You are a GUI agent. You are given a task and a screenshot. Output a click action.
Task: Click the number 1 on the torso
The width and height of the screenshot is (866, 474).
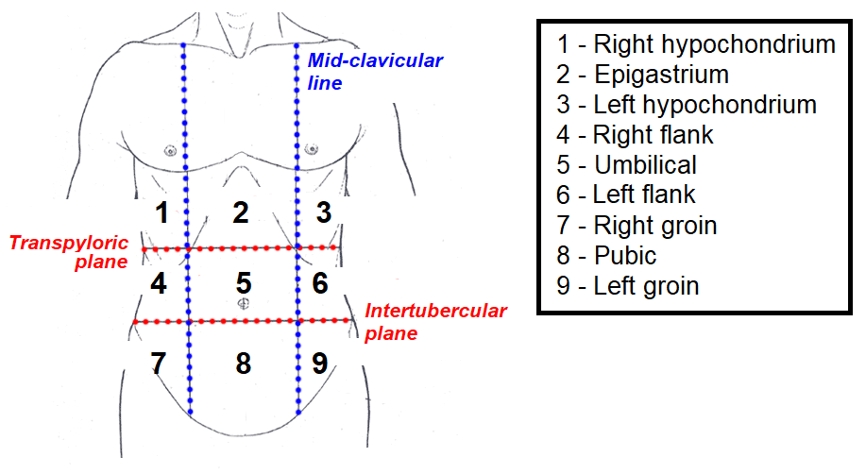pyautogui.click(x=162, y=213)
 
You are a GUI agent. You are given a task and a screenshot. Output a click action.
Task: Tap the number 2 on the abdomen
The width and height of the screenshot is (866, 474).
pyautogui.click(x=241, y=213)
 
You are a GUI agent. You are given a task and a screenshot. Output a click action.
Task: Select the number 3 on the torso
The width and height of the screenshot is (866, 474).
pyautogui.click(x=323, y=212)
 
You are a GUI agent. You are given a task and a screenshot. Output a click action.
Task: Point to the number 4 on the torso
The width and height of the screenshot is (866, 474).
pyautogui.click(x=159, y=283)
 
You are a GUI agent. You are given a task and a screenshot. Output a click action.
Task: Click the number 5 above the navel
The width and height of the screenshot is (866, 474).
pyautogui.click(x=244, y=282)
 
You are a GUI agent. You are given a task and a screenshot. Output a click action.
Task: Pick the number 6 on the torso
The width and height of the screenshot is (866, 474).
pyautogui.click(x=320, y=282)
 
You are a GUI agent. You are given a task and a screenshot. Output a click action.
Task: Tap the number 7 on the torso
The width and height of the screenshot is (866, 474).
pyautogui.click(x=159, y=363)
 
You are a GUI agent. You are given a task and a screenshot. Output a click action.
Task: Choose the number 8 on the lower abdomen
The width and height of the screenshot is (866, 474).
pyautogui.click(x=243, y=363)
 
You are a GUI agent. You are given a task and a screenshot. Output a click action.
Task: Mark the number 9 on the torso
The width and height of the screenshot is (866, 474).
pyautogui.click(x=320, y=363)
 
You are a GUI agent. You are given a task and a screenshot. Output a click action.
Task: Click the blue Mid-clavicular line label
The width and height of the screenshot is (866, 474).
pyautogui.click(x=375, y=72)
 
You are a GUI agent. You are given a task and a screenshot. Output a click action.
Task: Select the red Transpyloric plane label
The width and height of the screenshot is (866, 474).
pyautogui.click(x=68, y=252)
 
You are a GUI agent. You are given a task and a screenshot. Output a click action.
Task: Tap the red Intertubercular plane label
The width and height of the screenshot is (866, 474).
pyautogui.click(x=435, y=321)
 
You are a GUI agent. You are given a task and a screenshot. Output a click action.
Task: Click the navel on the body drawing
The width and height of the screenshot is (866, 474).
pyautogui.click(x=243, y=303)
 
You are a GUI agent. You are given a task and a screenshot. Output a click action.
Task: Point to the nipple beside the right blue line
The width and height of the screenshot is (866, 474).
pyautogui.click(x=310, y=149)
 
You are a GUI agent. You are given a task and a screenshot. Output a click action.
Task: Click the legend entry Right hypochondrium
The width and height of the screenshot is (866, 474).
pyautogui.click(x=696, y=43)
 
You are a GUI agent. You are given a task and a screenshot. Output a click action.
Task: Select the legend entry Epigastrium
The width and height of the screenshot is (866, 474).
pyautogui.click(x=643, y=74)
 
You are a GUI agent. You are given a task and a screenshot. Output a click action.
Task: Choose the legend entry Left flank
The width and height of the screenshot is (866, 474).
pyautogui.click(x=626, y=195)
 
